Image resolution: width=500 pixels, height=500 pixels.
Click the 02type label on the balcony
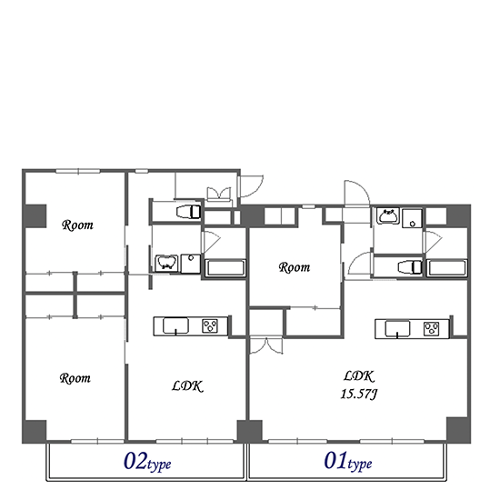pyautogui.click(x=147, y=462)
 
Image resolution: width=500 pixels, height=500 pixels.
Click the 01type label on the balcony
pyautogui.click(x=348, y=462)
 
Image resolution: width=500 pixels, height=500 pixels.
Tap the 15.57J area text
pyautogui.click(x=359, y=395)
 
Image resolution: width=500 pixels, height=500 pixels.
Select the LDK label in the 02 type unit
pyautogui.click(x=187, y=386)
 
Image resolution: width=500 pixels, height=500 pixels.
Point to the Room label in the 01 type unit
pyautogui.click(x=295, y=267)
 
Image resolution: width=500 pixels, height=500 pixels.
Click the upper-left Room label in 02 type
pyautogui.click(x=77, y=225)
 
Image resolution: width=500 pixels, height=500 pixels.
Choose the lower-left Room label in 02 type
pyautogui.click(x=75, y=378)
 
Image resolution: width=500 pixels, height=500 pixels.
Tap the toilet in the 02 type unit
pyautogui.click(x=188, y=212)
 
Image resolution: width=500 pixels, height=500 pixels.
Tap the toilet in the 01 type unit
pyautogui.click(x=410, y=267)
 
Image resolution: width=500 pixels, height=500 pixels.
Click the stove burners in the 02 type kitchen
pyautogui.click(x=210, y=325)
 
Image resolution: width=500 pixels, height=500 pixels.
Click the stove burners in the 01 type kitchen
pyautogui.click(x=431, y=329)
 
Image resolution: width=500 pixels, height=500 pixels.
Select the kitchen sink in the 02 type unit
pyautogui.click(x=175, y=325)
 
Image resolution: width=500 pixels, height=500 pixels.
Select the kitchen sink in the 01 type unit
pyautogui.click(x=397, y=329)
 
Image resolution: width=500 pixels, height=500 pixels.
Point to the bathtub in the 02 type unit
pyautogui.click(x=225, y=268)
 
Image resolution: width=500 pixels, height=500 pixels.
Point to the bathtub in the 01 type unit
pyautogui.click(x=446, y=268)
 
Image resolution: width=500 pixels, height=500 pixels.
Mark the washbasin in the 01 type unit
pyautogui.click(x=388, y=215)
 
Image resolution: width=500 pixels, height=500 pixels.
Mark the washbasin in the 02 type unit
pyautogui.click(x=166, y=263)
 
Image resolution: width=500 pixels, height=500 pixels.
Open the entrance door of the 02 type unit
pyautogui.click(x=251, y=185)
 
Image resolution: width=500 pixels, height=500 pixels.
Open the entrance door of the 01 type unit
pyautogui.click(x=357, y=193)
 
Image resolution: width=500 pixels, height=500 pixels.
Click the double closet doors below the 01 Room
pyautogui.click(x=266, y=345)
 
